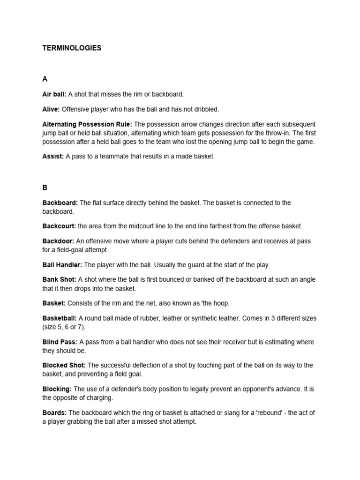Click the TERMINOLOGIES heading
72,48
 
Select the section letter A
45,79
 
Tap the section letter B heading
45,187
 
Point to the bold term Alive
51,109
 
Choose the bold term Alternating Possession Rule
87,124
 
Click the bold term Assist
53,157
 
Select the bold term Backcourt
59,226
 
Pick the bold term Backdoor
58,241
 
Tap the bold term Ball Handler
62,265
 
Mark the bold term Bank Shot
59,279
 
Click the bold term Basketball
59,318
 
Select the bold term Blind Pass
60,342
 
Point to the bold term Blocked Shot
64,365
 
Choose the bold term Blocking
57,389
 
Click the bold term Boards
54,412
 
